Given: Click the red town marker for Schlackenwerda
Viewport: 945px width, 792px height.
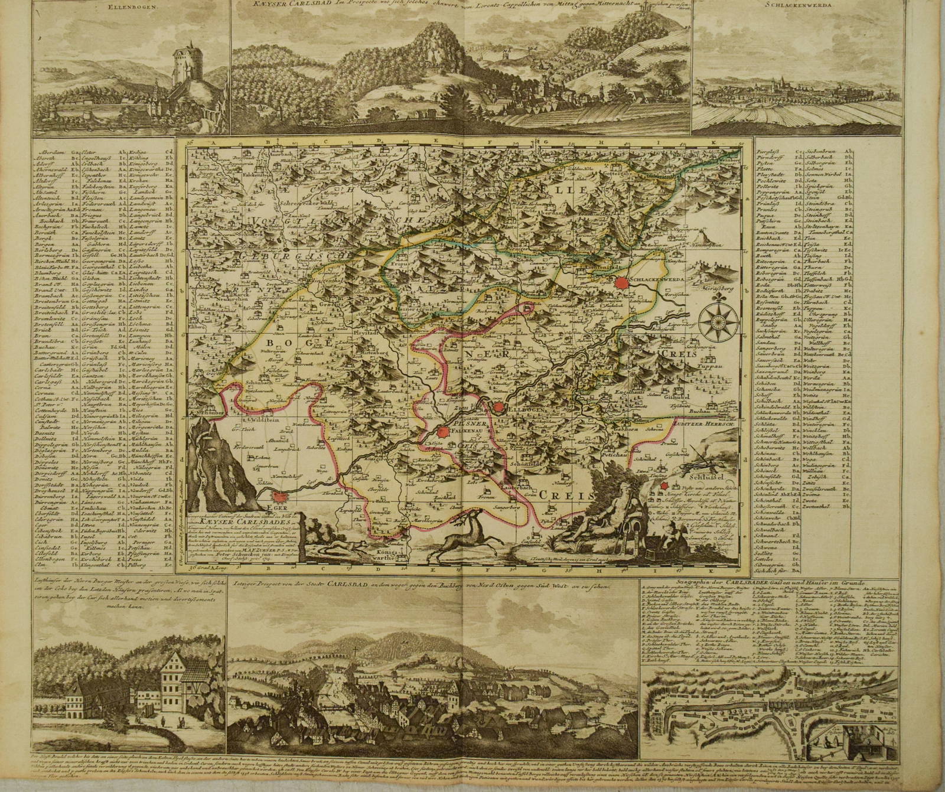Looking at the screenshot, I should [x=620, y=283].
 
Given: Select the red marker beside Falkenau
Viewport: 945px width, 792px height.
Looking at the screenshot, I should [x=442, y=432].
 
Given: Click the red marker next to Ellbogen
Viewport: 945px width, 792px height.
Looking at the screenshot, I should [x=500, y=408].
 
